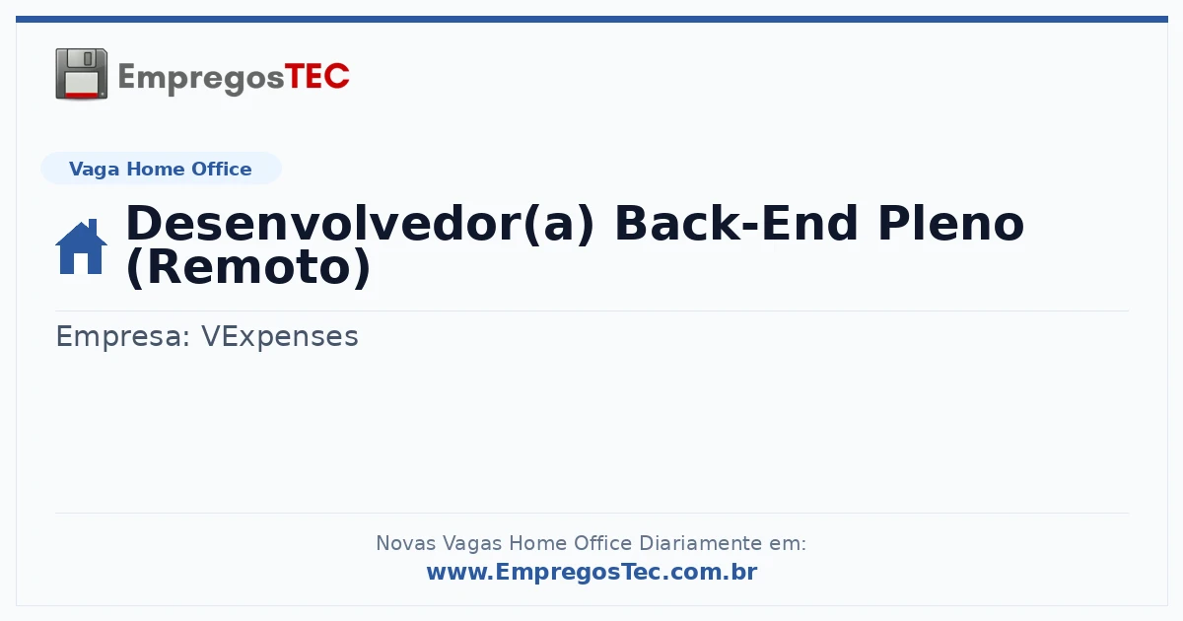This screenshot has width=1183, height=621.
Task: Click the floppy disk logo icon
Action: click(x=81, y=74)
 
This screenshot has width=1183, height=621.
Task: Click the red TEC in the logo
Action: click(x=316, y=77)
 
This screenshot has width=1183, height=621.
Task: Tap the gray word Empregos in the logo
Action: click(x=201, y=79)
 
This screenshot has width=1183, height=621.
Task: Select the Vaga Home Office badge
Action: click(x=161, y=169)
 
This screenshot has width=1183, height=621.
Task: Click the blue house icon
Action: click(x=81, y=246)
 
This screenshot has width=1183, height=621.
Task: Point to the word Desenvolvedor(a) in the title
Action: click(x=360, y=224)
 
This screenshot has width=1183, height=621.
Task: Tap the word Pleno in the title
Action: click(x=950, y=224)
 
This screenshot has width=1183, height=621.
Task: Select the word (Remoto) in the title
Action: click(x=248, y=267)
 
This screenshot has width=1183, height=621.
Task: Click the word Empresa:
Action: click(x=123, y=336)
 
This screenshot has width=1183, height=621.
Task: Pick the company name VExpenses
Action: click(x=280, y=336)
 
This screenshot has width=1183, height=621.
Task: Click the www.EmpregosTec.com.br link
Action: click(x=592, y=572)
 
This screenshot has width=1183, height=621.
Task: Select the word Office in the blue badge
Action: click(x=221, y=169)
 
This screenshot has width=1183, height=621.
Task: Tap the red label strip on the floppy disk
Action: click(x=81, y=95)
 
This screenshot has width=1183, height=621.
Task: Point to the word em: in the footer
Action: click(x=788, y=543)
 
